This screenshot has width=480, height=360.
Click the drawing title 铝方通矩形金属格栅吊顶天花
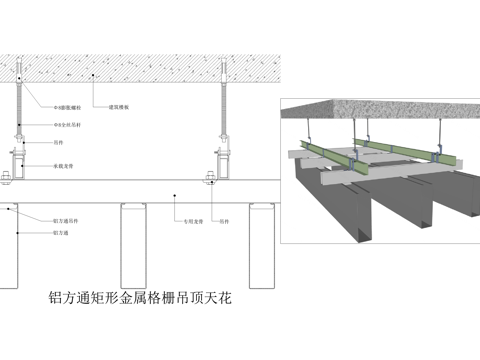140,297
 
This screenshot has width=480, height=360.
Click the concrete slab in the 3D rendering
380,110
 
